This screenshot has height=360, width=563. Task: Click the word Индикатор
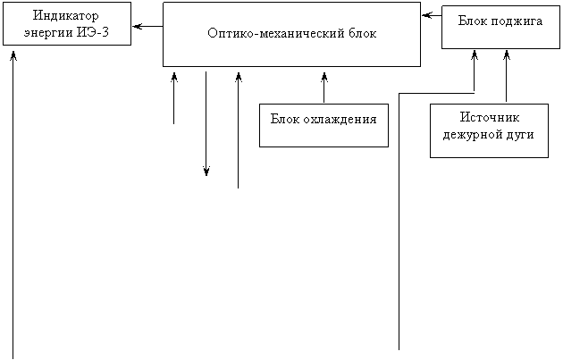point(66,16)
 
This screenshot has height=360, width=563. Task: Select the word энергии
point(48,33)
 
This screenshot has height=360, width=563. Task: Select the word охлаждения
point(340,120)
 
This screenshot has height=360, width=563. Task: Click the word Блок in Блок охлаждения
point(285,119)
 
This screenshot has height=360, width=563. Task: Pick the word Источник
point(490,118)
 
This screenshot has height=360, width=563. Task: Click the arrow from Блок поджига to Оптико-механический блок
point(432,15)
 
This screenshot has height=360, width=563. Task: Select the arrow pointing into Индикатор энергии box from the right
point(147,26)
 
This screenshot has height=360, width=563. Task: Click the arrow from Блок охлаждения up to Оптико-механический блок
point(324,88)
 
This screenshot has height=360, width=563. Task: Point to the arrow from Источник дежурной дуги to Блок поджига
point(507,76)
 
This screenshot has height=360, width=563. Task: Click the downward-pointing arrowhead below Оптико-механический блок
point(206,172)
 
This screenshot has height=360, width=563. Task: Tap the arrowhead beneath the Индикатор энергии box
point(13,55)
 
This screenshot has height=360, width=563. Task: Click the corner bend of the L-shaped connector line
point(399,94)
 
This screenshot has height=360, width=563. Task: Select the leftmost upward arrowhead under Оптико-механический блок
point(174,77)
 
